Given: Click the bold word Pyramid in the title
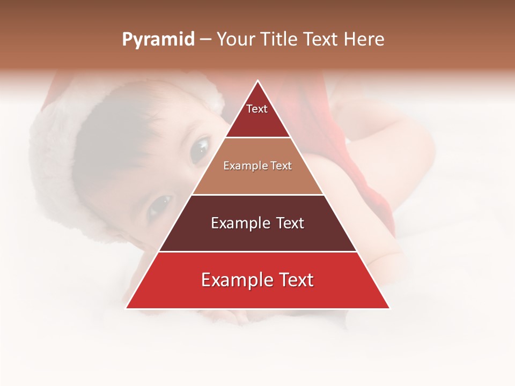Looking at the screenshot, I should point(158,40).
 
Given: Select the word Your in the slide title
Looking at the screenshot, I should point(234,40).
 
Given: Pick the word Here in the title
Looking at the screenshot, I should point(364,40).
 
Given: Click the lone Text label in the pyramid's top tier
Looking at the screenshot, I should point(257,109).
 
